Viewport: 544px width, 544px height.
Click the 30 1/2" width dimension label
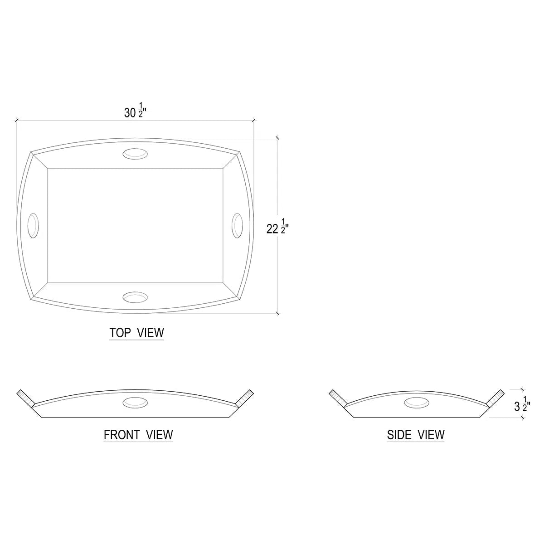pyautogui.click(x=135, y=110)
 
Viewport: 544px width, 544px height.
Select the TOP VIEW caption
pyautogui.click(x=136, y=333)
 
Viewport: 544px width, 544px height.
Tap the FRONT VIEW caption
pyautogui.click(x=138, y=435)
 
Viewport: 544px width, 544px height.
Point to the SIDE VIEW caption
pyautogui.click(x=416, y=435)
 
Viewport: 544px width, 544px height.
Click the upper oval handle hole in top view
pyautogui.click(x=135, y=154)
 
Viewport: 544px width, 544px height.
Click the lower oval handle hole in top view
pyautogui.click(x=135, y=297)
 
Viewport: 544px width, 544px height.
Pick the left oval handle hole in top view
pyautogui.click(x=33, y=226)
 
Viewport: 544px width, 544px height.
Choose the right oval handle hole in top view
pyautogui.click(x=237, y=226)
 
